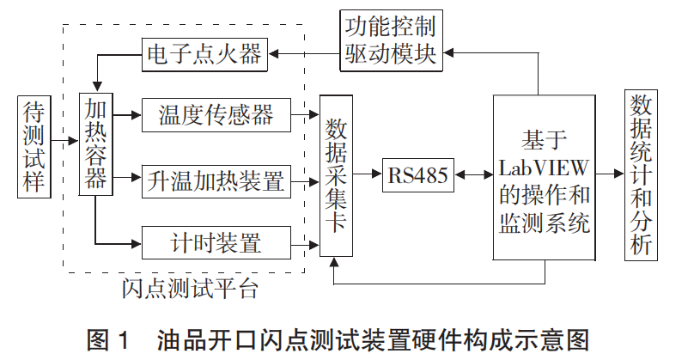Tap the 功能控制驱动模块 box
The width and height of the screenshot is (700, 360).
[392, 40]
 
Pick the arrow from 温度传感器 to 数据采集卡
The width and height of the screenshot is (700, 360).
[305, 113]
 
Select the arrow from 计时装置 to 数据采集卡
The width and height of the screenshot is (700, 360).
[305, 243]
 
